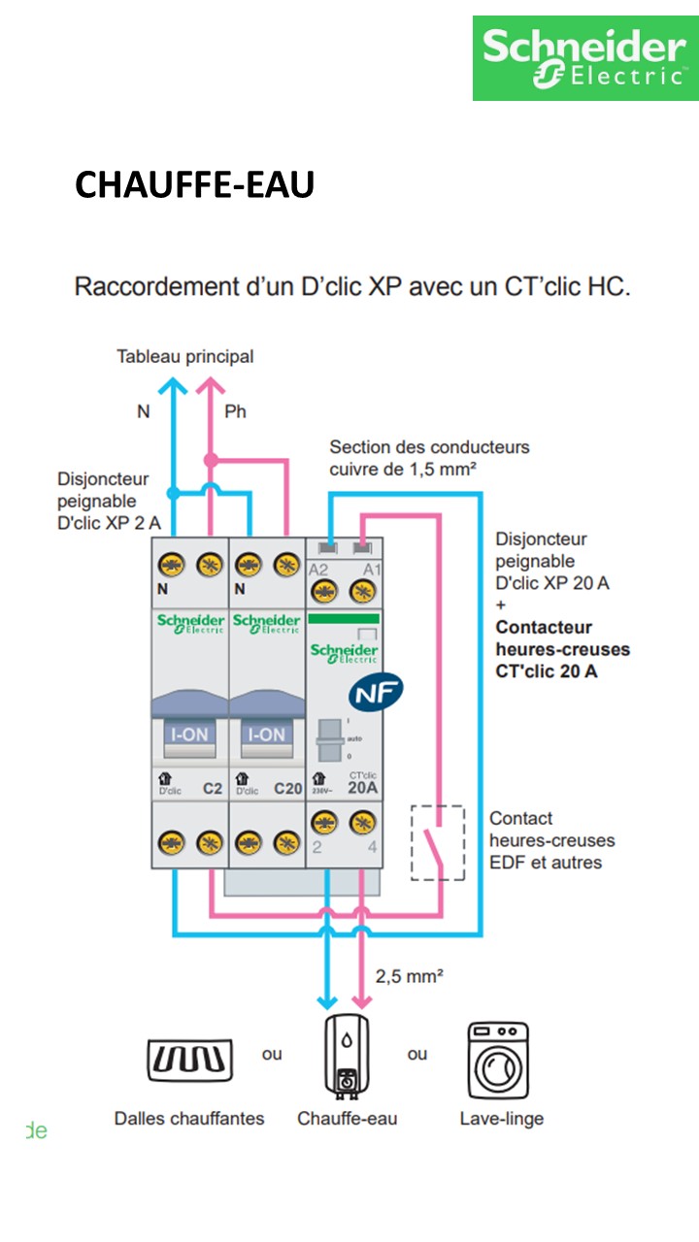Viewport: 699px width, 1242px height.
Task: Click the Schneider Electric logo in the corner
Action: click(x=585, y=57)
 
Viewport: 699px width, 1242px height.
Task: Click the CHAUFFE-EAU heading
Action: click(x=194, y=184)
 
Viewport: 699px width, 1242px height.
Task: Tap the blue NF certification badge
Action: click(x=376, y=691)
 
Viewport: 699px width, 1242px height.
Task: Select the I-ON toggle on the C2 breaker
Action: click(x=188, y=735)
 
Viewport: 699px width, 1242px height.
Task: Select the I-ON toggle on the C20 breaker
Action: click(x=267, y=735)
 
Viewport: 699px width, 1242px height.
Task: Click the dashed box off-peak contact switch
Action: click(x=438, y=842)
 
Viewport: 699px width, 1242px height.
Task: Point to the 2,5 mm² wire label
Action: click(x=409, y=976)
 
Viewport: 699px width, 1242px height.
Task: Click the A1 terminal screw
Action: click(x=363, y=592)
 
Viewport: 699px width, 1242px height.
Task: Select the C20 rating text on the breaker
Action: click(x=287, y=789)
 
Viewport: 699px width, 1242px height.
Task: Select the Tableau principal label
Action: click(x=184, y=356)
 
